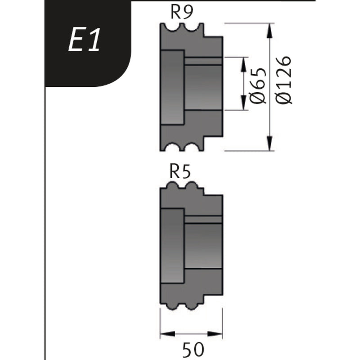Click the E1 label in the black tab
click(x=84, y=40)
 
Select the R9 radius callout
click(x=182, y=13)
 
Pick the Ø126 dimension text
click(x=284, y=80)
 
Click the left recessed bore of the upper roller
click(x=172, y=87)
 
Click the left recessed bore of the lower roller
click(x=172, y=246)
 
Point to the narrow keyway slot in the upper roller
click(x=203, y=61)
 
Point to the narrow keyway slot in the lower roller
click(x=203, y=220)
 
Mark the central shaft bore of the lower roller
click(x=203, y=245)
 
